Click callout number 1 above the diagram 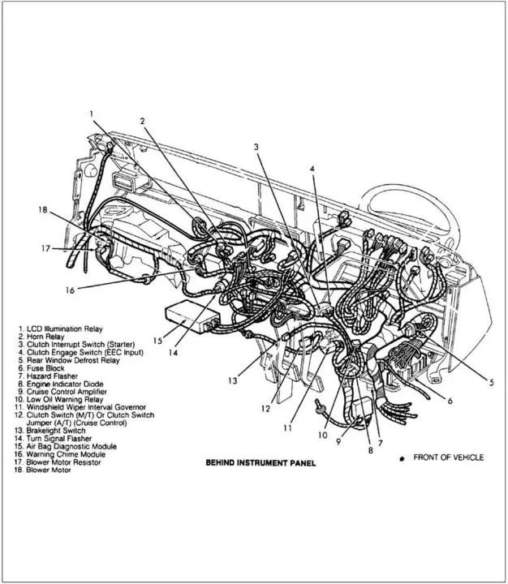point(92,114)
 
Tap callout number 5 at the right point(491,382)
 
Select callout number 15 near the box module point(157,341)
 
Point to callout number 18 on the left point(43,210)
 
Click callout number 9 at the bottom point(338,442)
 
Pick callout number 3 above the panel point(256,147)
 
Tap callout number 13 point(233,381)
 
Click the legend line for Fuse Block point(41,368)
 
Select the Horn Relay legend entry point(41,337)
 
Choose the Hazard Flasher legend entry point(48,376)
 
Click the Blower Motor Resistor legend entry point(58,462)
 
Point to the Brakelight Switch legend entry point(50,431)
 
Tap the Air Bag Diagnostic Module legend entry point(66,446)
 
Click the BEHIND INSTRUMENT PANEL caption point(260,463)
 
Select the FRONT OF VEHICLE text point(449,457)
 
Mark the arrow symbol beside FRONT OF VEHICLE point(402,459)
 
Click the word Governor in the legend point(130,407)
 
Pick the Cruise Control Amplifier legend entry point(62,392)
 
